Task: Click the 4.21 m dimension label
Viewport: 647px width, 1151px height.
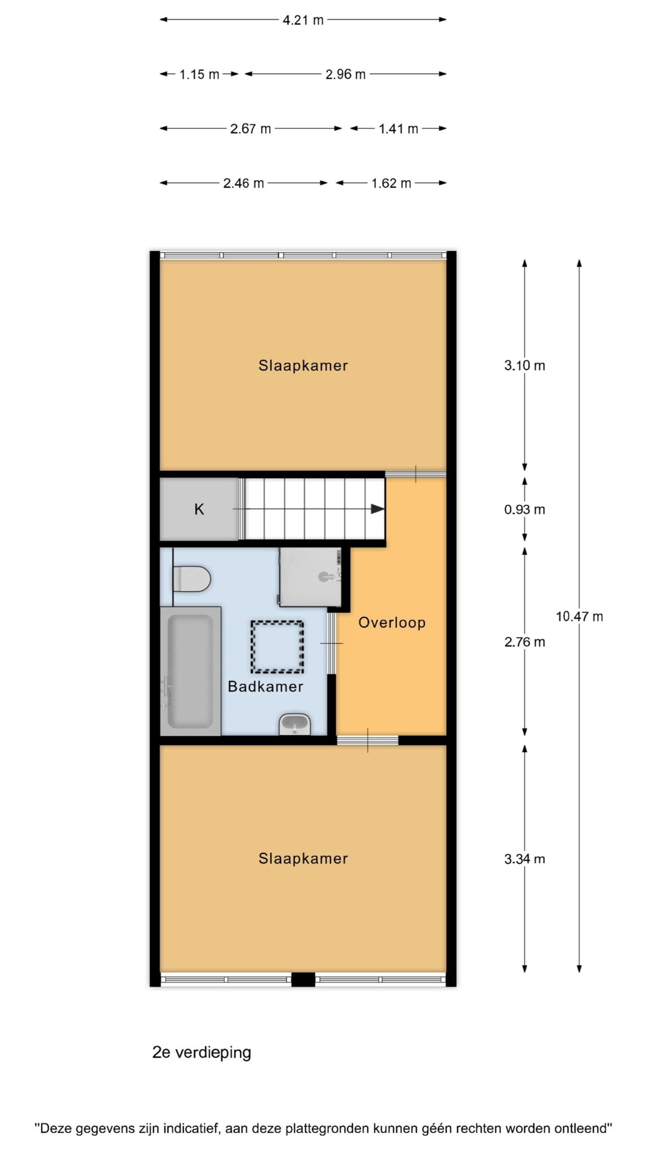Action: pos(303,20)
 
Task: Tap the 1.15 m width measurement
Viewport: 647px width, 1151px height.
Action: pos(199,74)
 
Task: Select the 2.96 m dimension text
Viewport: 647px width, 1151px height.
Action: pos(345,74)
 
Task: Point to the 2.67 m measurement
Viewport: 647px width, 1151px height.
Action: pos(250,129)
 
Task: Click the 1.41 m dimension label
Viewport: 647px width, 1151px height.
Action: pos(398,129)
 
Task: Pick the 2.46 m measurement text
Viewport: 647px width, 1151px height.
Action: pos(243,183)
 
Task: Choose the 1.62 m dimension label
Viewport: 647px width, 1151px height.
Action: pos(391,183)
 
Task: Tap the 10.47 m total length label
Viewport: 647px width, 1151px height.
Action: pos(579,616)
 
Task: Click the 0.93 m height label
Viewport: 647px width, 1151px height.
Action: pos(524,509)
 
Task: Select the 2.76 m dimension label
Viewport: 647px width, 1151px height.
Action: pos(524,642)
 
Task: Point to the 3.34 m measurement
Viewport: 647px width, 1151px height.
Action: pos(524,859)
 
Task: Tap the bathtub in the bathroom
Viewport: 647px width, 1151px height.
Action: pos(191,671)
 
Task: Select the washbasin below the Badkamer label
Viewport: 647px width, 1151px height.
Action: pos(295,724)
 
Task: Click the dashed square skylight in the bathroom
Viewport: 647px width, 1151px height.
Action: pos(277,647)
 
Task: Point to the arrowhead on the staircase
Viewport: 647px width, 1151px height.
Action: pos(378,509)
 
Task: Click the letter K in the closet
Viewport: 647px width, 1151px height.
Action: pos(199,509)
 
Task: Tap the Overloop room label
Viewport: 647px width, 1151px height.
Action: pos(392,623)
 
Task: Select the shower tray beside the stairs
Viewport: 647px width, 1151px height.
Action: pos(310,577)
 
